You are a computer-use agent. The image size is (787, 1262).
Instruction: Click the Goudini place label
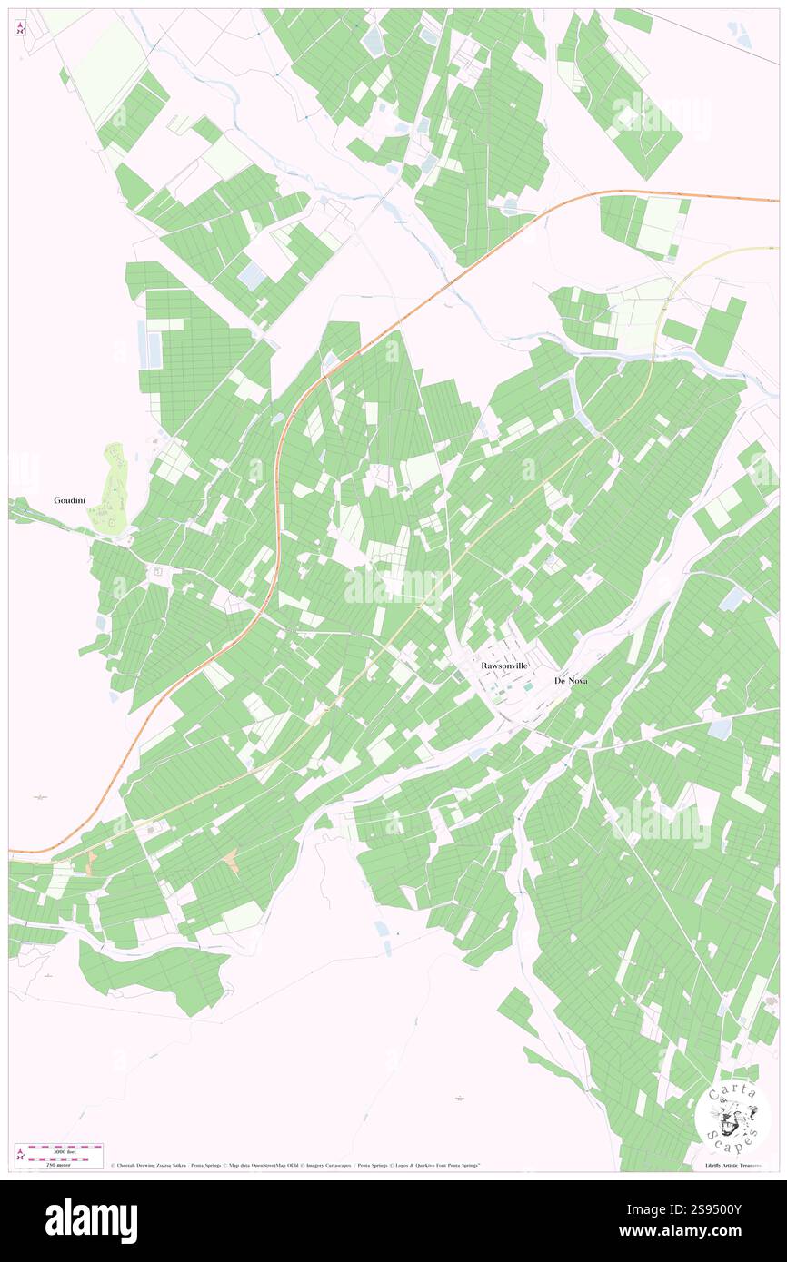(69, 500)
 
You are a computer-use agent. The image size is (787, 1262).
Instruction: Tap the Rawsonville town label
(504, 666)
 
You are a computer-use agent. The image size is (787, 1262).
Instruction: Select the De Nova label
(571, 680)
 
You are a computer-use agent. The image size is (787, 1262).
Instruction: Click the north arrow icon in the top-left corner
(20, 27)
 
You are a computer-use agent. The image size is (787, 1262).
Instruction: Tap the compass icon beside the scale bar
(20, 1155)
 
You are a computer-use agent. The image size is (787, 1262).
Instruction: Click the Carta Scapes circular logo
(732, 1118)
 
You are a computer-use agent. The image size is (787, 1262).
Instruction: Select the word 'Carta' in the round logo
(732, 1092)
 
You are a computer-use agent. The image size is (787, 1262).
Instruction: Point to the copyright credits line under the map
(295, 1165)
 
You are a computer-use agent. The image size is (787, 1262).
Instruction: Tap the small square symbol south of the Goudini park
(157, 571)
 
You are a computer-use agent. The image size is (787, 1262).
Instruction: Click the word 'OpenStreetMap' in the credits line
(262, 1165)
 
